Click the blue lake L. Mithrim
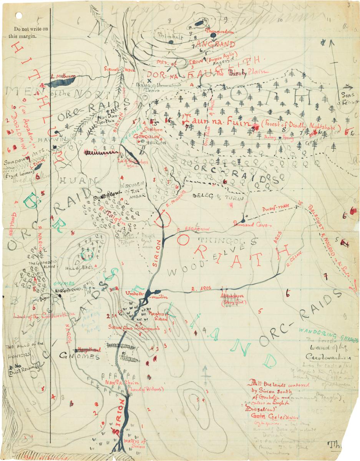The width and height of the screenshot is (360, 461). pyautogui.click(x=63, y=81)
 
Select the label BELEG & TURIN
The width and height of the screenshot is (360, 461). pyautogui.click(x=213, y=195)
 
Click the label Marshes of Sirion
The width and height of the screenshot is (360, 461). pyautogui.click(x=158, y=316)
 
